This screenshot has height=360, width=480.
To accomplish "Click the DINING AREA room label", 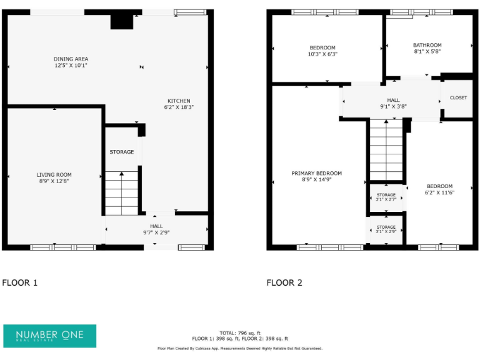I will [71, 59].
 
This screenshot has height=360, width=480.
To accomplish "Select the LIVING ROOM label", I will [54, 175].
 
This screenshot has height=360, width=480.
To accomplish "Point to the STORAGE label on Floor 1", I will [122, 152].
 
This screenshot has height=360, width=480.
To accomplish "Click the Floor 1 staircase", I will [121, 193].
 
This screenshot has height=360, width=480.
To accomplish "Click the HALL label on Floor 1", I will [156, 226].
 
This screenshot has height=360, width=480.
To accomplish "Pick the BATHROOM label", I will [427, 45].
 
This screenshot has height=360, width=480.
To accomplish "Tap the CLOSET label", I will [458, 98].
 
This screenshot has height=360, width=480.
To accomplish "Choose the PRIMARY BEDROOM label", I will [317, 173].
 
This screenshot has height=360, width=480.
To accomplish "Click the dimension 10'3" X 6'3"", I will [322, 54].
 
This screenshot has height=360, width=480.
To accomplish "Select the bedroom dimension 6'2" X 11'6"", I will [440, 192].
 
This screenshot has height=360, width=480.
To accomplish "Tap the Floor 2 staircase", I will [386, 150].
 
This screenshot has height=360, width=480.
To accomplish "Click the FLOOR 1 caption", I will [20, 282].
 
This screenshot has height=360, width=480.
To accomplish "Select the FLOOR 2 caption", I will [284, 282].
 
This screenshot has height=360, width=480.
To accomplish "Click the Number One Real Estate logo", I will [50, 336].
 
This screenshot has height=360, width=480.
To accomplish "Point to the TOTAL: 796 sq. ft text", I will [240, 332].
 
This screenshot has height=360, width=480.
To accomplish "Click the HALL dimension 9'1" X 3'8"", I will [393, 106].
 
